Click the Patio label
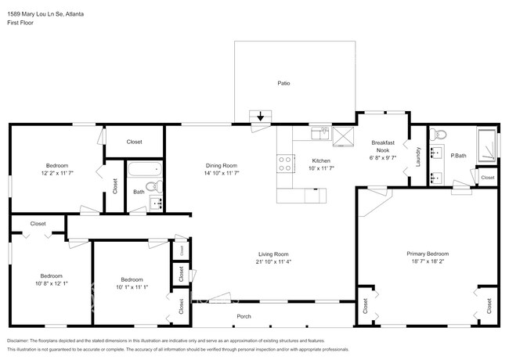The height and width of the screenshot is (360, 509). [283, 83]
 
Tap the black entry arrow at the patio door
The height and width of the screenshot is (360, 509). [261, 117]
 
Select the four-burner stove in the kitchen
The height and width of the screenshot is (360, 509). [286, 164]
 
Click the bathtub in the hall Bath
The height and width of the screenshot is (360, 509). [144, 169]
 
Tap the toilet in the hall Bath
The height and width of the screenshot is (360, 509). [157, 186]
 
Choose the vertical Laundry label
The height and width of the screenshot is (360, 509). [418, 157]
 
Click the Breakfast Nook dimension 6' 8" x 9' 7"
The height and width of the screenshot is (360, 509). [383, 157]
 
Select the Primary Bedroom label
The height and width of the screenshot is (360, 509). [427, 254]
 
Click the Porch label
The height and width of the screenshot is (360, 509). [244, 316]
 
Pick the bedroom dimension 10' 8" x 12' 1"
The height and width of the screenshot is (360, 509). [52, 283]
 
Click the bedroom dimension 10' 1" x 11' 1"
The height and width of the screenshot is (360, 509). [132, 287]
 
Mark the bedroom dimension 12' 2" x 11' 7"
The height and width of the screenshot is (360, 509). [56, 173]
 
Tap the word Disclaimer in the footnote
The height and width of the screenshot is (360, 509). [20, 340]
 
